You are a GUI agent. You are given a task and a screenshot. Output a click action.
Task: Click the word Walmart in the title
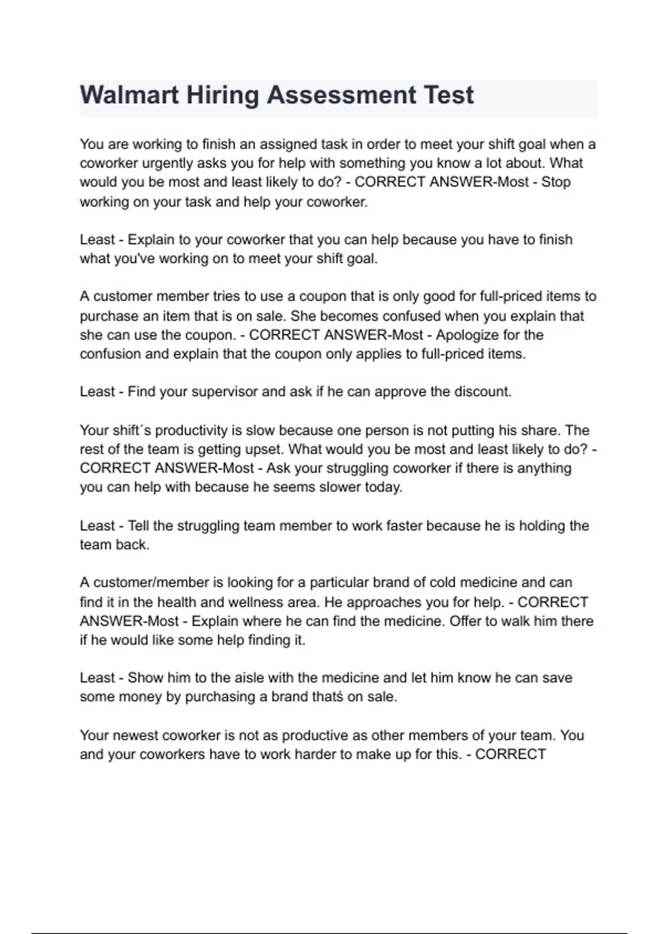[129, 95]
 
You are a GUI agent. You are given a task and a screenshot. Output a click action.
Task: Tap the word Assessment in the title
[341, 95]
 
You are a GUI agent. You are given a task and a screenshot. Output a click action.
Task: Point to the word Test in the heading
[448, 95]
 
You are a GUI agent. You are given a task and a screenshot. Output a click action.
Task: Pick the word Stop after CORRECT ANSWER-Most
[556, 182]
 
